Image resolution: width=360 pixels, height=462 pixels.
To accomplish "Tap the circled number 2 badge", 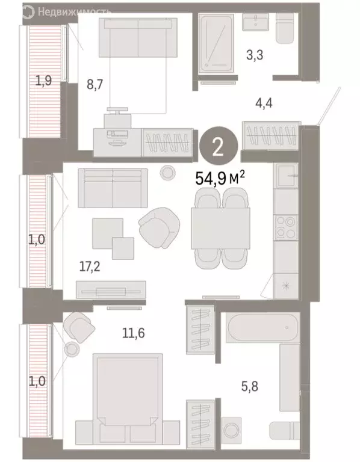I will [217, 147].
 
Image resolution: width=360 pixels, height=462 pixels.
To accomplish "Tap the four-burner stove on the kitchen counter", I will [285, 227].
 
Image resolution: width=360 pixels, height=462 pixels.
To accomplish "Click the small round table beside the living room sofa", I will [167, 174].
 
